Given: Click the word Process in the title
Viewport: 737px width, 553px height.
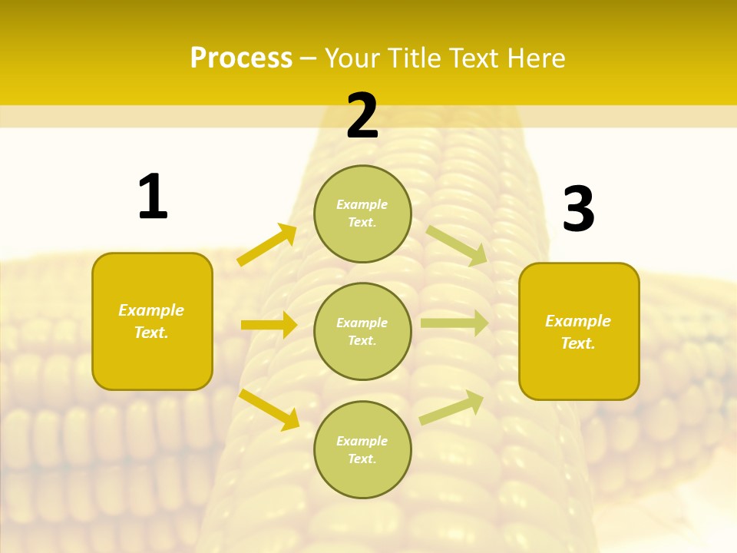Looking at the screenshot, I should pyautogui.click(x=241, y=58).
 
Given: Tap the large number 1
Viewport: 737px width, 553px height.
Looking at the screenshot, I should pyautogui.click(x=153, y=197).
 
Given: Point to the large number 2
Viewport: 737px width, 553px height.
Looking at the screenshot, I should pyautogui.click(x=362, y=117).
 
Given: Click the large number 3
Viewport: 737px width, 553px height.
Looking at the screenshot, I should pyautogui.click(x=578, y=209).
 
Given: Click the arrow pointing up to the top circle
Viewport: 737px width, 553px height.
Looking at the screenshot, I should pyautogui.click(x=267, y=245).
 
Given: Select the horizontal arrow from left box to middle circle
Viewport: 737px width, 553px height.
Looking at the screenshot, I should pyautogui.click(x=269, y=325).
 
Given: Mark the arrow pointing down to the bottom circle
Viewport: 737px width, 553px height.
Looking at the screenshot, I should pyautogui.click(x=269, y=409).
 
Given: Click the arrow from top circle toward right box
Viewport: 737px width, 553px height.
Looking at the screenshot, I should pyautogui.click(x=457, y=245).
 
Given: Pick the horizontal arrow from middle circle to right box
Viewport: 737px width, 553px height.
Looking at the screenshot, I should pyautogui.click(x=454, y=323).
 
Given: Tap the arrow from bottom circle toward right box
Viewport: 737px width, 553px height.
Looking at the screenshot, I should pyautogui.click(x=452, y=407).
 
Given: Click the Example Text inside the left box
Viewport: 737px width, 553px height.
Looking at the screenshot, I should pyautogui.click(x=151, y=321).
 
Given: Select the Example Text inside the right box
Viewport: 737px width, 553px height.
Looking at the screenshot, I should pyautogui.click(x=578, y=332).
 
